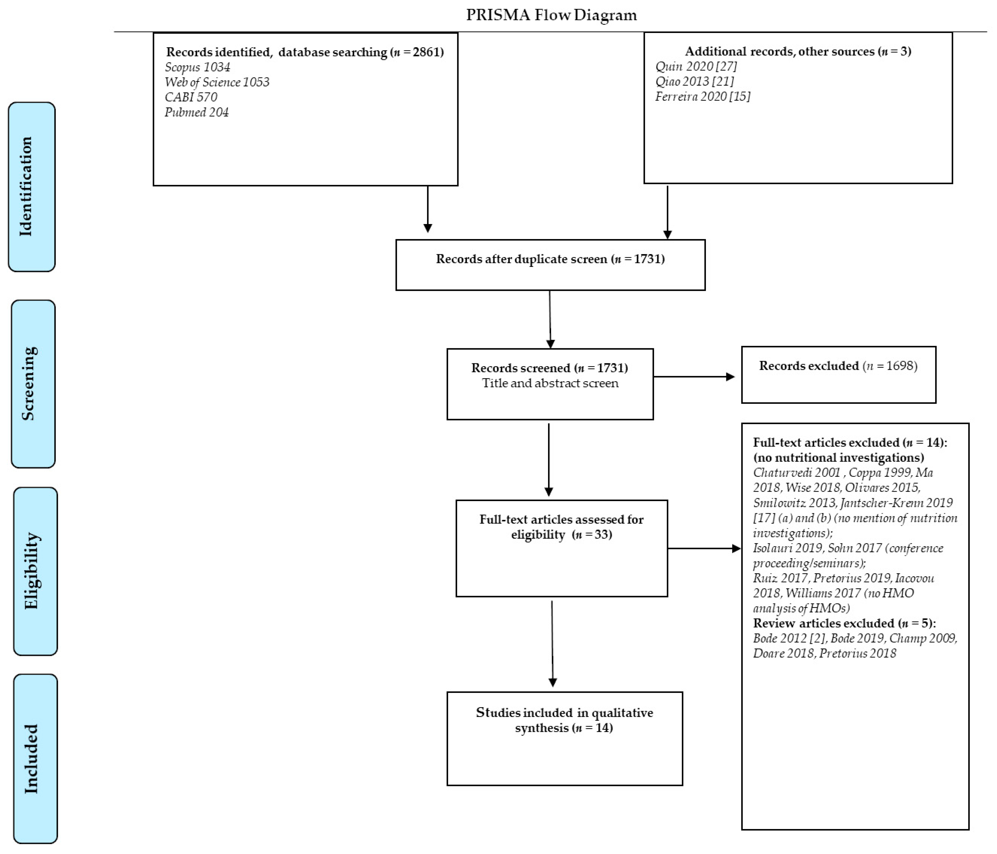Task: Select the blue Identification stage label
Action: (x=32, y=187)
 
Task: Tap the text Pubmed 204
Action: (x=196, y=113)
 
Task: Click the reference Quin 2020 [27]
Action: (x=696, y=66)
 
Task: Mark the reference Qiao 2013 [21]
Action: (x=694, y=81)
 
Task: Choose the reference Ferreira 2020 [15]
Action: (x=703, y=97)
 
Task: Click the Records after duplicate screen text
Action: (x=550, y=259)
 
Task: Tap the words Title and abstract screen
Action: (x=550, y=383)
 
